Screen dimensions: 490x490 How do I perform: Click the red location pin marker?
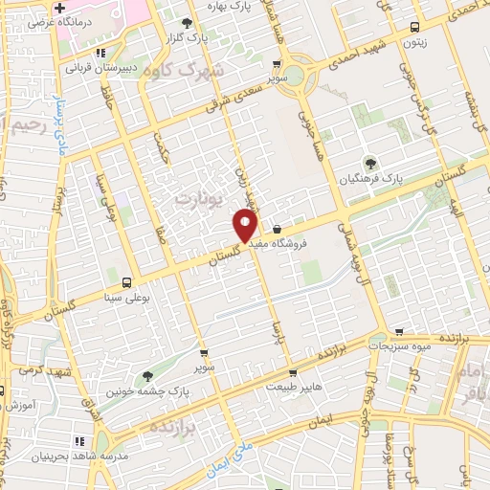coord(246,226)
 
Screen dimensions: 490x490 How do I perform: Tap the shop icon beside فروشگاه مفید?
coord(277,230)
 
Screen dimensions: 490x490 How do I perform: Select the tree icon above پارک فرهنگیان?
coord(368,162)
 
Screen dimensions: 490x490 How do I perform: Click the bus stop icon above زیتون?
coord(412,28)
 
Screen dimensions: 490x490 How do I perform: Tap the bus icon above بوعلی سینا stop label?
coord(127,282)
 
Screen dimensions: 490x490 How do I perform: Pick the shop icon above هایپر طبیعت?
coord(293,373)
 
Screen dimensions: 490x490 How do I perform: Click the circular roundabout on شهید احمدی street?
coord(301,74)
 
